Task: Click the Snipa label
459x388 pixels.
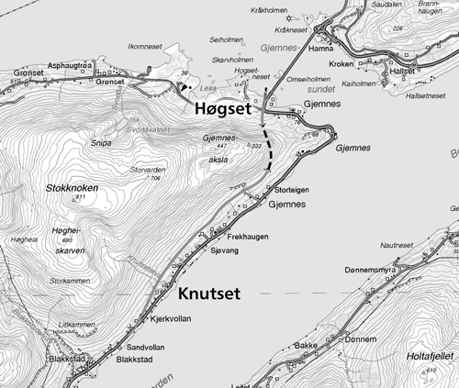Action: pyautogui.click(x=102, y=142)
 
